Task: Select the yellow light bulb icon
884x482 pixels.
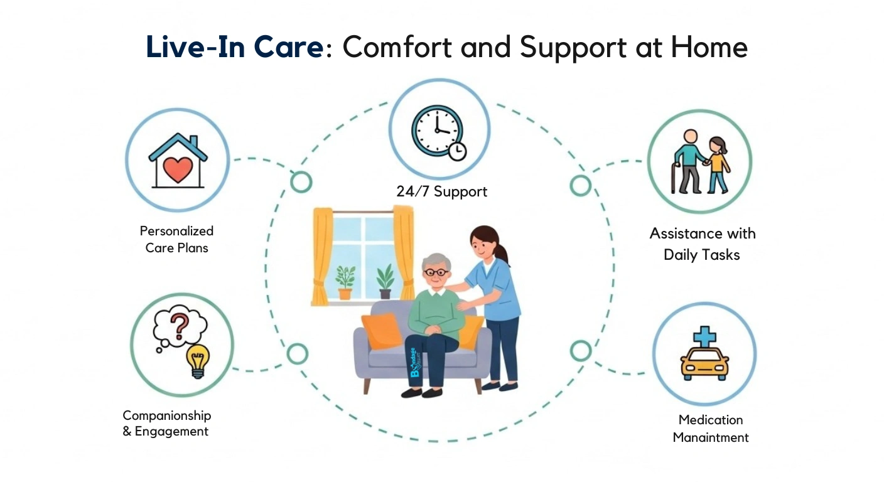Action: tap(198, 360)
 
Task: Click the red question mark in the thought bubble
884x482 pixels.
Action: tap(180, 325)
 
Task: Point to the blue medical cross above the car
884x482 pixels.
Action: tap(704, 336)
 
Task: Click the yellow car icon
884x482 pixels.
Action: tap(704, 364)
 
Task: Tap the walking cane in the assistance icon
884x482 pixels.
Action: tap(674, 179)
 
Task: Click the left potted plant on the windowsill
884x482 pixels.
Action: tap(345, 282)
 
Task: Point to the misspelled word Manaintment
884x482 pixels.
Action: tap(711, 437)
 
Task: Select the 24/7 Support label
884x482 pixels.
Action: tap(441, 191)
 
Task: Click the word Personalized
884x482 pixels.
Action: tap(176, 231)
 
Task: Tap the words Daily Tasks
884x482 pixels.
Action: tap(701, 255)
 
